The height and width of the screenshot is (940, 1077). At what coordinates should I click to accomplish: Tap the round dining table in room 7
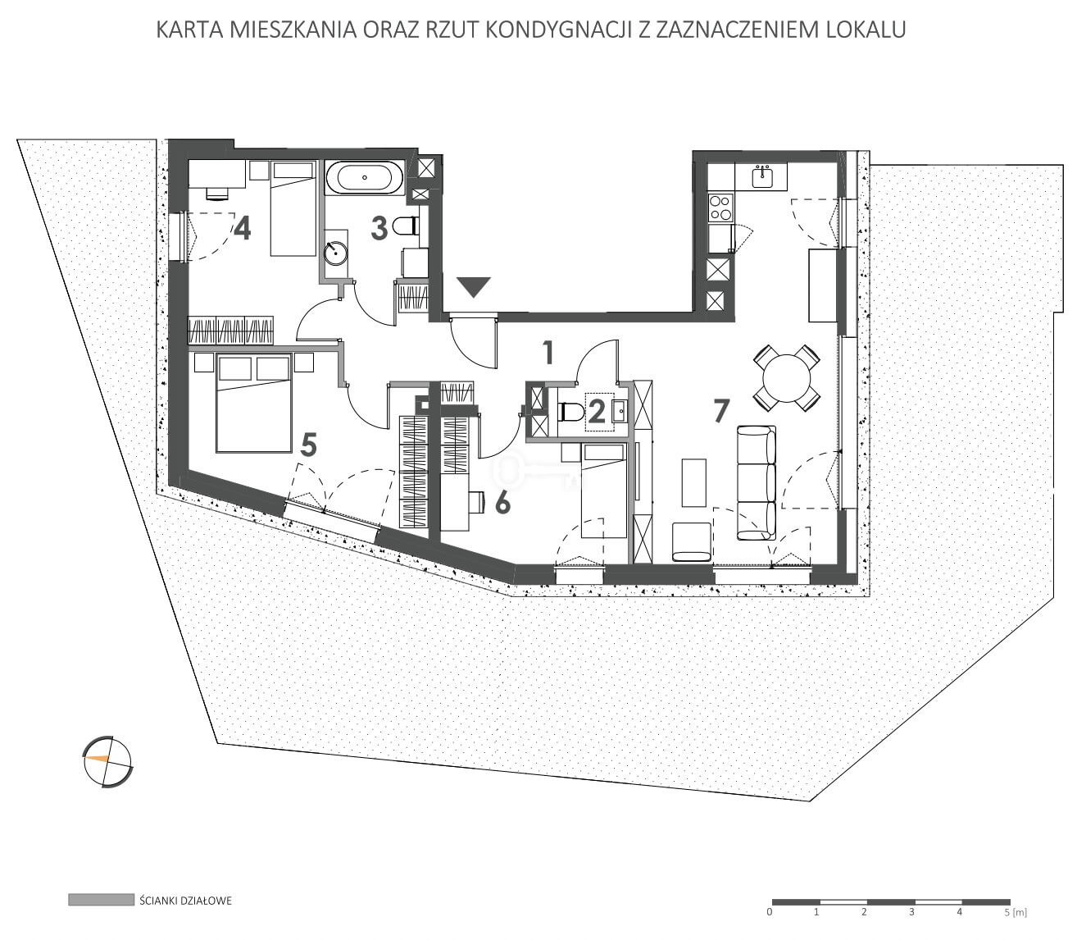click(787, 377)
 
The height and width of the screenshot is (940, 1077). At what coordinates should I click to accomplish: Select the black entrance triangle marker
click(474, 287)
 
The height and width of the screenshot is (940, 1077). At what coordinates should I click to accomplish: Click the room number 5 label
click(309, 445)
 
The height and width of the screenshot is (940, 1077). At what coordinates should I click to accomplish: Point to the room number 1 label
click(548, 353)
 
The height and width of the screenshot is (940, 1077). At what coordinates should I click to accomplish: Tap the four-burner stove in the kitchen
click(720, 208)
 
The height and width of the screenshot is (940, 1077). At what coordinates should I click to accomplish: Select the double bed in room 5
click(254, 403)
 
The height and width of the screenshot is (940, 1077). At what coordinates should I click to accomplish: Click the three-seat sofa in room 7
click(756, 482)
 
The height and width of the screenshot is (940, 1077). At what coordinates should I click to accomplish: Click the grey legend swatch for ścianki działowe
click(101, 900)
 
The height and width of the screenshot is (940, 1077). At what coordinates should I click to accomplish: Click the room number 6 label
click(502, 504)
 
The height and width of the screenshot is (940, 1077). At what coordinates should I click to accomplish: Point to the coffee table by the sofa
click(693, 482)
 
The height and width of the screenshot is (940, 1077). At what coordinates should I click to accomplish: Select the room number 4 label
click(242, 229)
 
